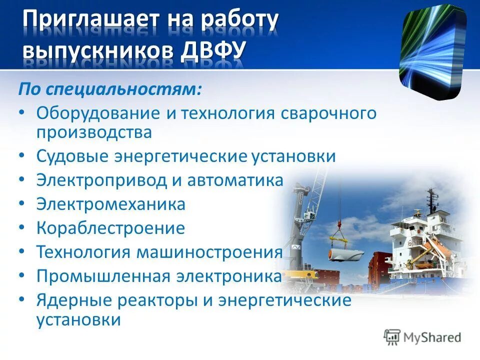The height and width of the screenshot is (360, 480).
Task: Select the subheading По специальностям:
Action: (x=110, y=90)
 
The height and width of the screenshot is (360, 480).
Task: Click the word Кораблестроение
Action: (x=110, y=228)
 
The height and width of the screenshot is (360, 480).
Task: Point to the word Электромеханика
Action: (x=110, y=204)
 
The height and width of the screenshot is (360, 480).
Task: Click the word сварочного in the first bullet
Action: (x=327, y=113)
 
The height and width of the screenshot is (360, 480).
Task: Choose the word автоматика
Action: (x=235, y=180)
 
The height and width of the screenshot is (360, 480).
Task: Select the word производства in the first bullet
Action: (x=93, y=132)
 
